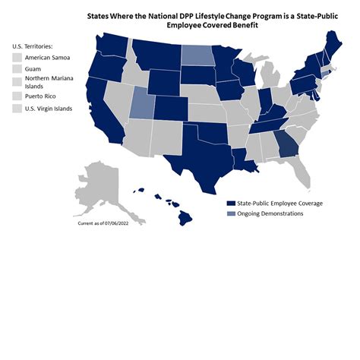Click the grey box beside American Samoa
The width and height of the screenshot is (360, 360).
[17, 58]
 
